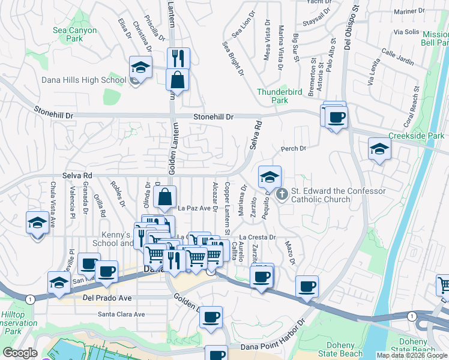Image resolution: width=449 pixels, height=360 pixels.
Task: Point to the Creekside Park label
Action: pos(415,136)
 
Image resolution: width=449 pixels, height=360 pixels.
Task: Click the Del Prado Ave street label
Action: pos(106,296)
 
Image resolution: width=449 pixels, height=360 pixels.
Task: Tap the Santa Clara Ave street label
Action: pos(122,314)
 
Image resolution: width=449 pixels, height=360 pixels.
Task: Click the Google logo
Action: pos(20,353)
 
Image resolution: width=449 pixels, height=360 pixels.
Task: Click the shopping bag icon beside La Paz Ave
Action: pos(164,196)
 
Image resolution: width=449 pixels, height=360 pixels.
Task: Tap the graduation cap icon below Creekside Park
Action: pos(379,149)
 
